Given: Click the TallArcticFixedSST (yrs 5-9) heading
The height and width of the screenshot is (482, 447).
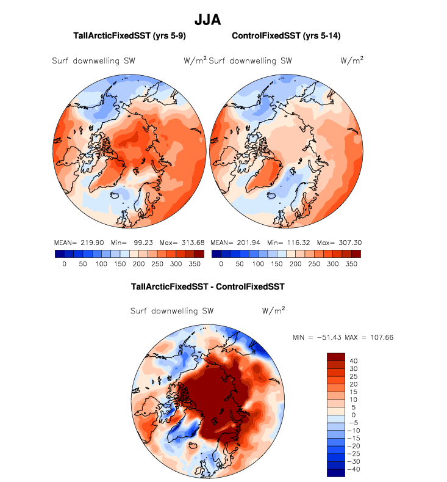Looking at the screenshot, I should click(129, 36).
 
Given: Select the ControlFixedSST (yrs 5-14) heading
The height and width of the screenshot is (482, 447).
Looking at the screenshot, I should click(286, 36).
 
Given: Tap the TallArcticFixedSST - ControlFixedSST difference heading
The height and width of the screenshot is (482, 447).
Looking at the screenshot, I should click(208, 286).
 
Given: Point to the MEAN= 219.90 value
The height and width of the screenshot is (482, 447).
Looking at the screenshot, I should click(76, 242).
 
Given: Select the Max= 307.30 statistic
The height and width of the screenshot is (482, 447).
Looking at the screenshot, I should click(338, 242).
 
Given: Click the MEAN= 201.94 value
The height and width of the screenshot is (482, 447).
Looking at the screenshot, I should click(233, 242).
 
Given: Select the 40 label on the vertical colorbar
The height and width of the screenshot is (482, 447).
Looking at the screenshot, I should click(354, 360).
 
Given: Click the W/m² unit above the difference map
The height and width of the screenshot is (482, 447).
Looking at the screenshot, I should click(274, 310).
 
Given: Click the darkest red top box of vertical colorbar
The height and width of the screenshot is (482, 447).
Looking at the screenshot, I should click(337, 356).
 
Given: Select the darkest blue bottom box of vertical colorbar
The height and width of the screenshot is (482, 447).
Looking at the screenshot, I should click(337, 472).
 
